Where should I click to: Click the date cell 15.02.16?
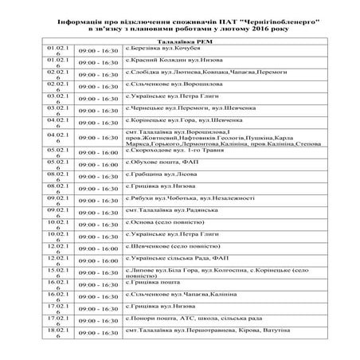tap(60, 273)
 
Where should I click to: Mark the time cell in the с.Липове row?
tap(100, 273)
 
